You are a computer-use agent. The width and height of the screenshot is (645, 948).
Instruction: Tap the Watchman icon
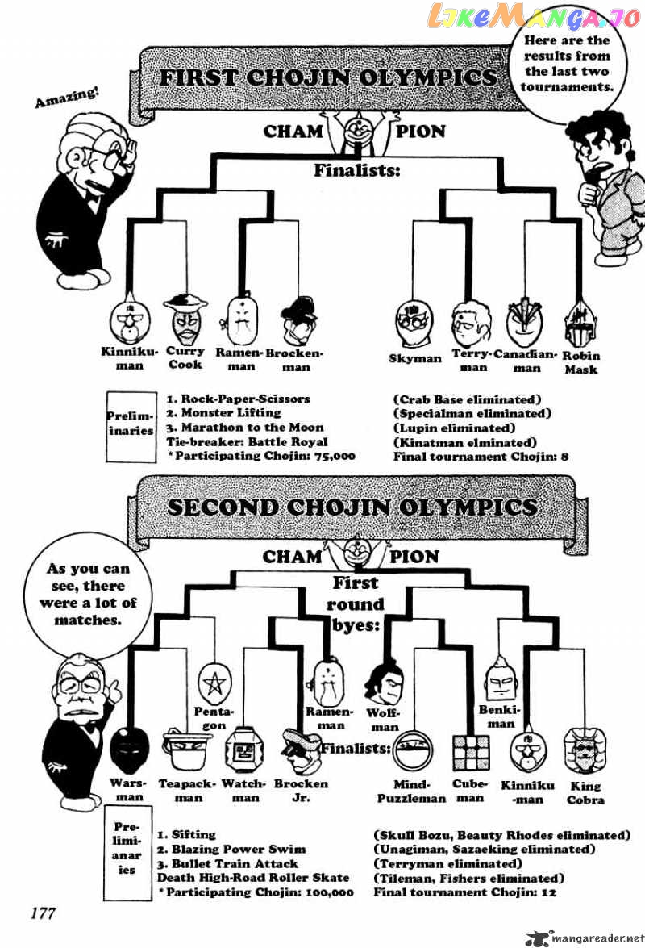point(241,752)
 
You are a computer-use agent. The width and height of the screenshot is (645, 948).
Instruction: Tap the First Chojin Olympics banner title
point(327,77)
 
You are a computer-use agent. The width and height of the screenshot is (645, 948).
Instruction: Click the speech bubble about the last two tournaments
point(567,64)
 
